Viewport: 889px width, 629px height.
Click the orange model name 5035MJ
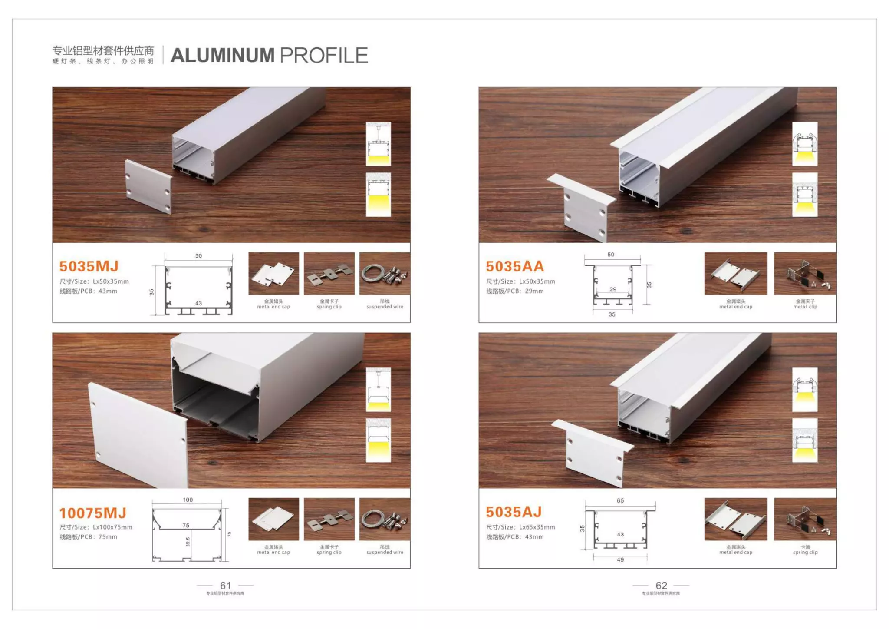[x=89, y=266]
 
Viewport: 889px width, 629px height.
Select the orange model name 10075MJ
[x=93, y=513]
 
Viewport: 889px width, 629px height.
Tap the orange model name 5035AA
[x=515, y=266]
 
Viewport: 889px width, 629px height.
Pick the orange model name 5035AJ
[x=514, y=512]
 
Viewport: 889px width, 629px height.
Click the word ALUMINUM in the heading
[x=223, y=56]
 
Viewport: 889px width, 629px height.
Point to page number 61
[x=226, y=586]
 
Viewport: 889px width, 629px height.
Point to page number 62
[x=661, y=586]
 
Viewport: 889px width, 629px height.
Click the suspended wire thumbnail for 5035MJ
[x=385, y=274]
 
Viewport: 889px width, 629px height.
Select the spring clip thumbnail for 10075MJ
[x=329, y=519]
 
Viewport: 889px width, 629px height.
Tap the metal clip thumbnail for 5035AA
[x=805, y=274]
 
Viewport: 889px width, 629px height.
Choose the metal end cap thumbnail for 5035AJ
[x=736, y=519]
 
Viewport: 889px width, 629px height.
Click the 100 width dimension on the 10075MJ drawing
[x=188, y=500]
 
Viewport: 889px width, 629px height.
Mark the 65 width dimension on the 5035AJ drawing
[x=620, y=501]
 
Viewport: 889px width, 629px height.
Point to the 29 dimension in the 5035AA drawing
[x=613, y=289]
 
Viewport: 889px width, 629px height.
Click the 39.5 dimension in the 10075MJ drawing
[x=188, y=542]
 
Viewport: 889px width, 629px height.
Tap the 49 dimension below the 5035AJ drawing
[x=620, y=560]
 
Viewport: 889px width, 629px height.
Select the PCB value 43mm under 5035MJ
[x=108, y=291]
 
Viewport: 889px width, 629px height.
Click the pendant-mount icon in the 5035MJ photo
[x=379, y=144]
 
